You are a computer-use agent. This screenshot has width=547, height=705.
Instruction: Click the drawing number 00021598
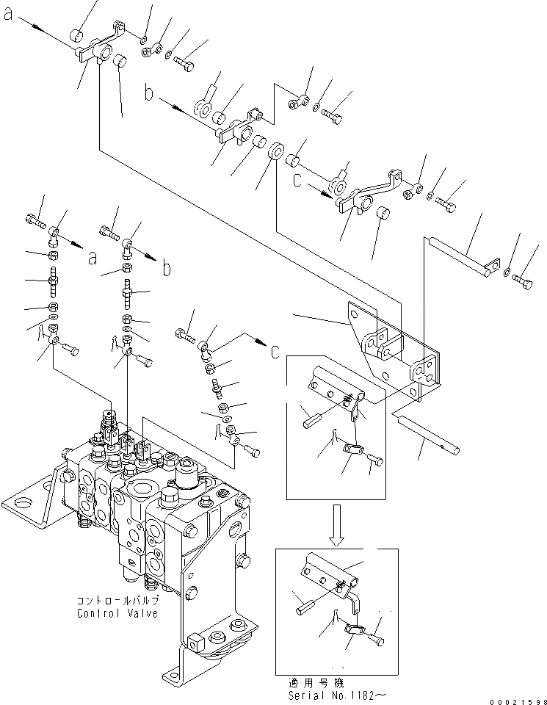click(x=518, y=700)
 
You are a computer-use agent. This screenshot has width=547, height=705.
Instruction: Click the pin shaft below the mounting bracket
click(x=425, y=434)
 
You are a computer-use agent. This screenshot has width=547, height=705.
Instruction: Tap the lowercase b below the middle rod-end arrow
click(x=167, y=268)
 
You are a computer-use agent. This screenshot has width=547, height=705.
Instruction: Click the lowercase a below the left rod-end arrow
click(x=92, y=258)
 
